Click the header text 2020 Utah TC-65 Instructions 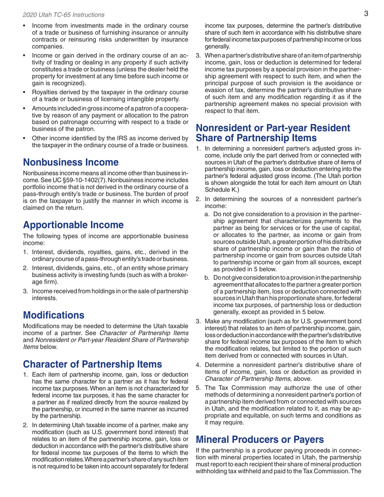click(63, 15)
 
